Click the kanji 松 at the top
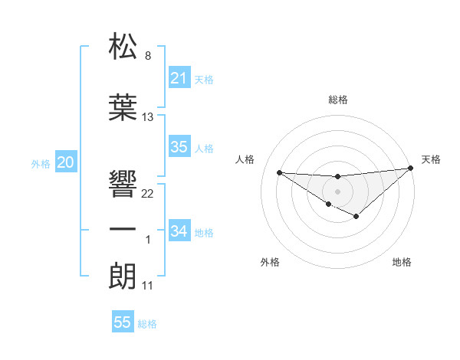(123, 47)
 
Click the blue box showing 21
(179, 77)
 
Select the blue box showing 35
(179, 147)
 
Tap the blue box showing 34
(179, 231)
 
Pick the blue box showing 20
(66, 162)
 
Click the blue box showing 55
(123, 322)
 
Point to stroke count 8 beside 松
(147, 56)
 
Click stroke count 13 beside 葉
(148, 117)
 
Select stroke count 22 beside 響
(148, 194)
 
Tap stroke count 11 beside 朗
(148, 286)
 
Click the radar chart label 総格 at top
(337, 100)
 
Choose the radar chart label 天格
(431, 159)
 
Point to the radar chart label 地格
(402, 262)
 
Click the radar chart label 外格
(270, 262)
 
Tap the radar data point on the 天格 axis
(411, 168)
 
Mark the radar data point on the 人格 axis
(279, 172)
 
